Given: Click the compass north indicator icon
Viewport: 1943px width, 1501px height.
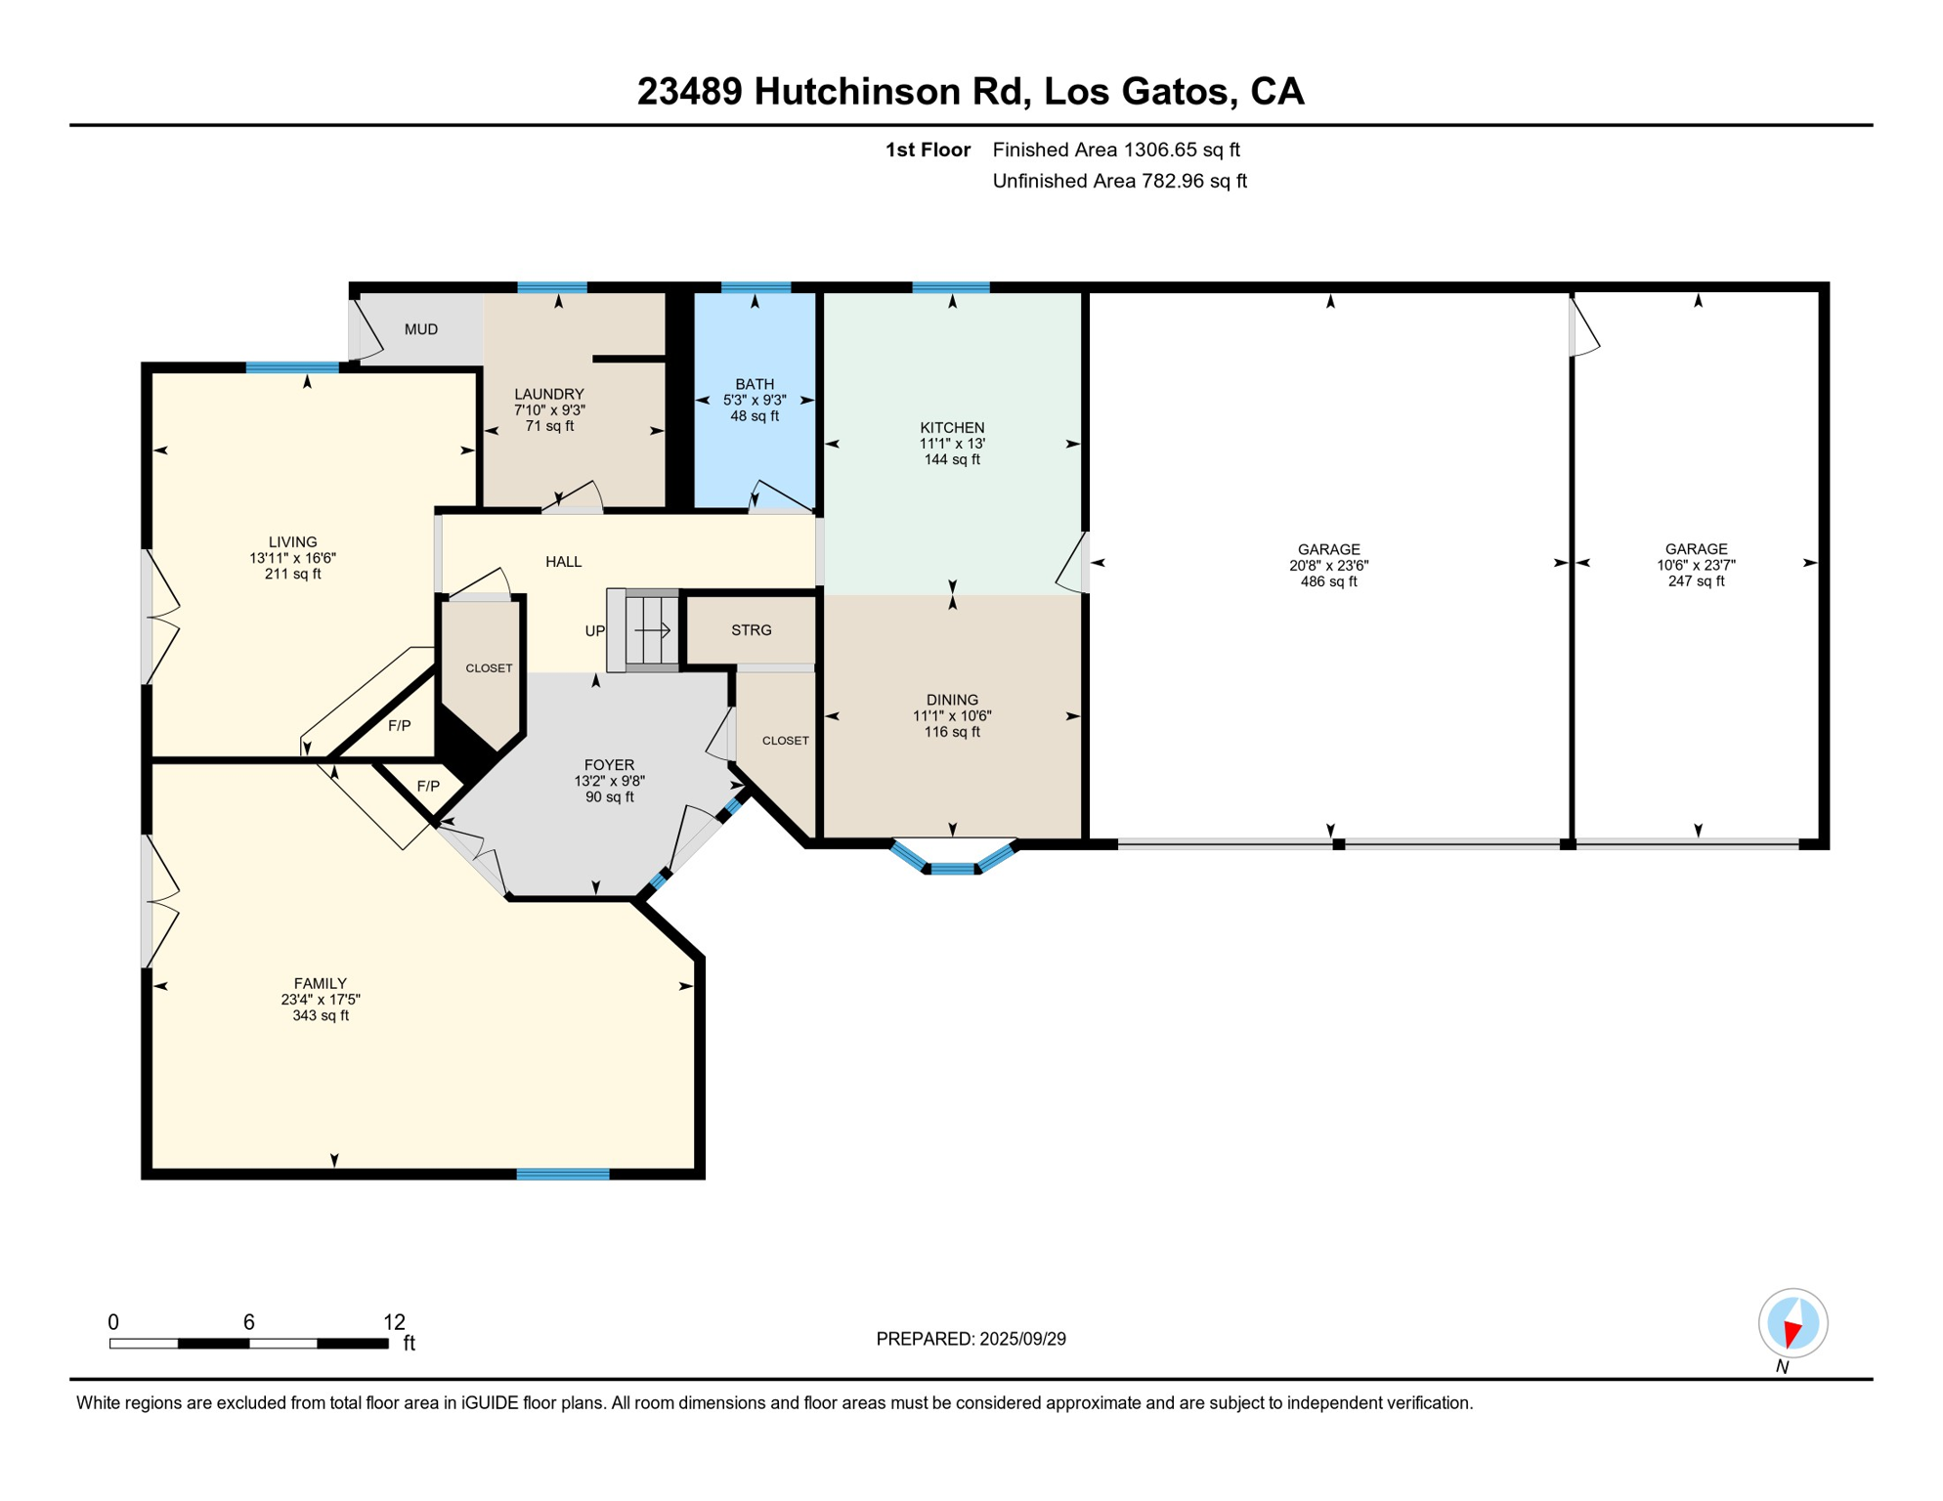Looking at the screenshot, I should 1792,1323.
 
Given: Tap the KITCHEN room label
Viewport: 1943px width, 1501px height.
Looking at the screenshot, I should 951,427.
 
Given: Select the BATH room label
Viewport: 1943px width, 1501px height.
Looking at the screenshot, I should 755,384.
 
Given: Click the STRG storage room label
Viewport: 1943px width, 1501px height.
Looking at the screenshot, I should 751,630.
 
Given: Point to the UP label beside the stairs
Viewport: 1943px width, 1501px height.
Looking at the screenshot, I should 594,631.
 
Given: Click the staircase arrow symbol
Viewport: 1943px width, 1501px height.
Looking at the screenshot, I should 652,630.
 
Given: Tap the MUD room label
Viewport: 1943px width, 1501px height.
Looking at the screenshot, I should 421,329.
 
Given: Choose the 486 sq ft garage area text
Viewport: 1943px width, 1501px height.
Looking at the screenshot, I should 1328,581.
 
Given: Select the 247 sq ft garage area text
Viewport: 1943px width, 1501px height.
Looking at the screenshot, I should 1696,581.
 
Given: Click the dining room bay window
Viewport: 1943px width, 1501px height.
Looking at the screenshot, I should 953,865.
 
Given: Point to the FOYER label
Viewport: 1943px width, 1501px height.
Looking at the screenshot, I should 609,765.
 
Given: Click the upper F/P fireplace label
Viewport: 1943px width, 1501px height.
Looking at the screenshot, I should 399,725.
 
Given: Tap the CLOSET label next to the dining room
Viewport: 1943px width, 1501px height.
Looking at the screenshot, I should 785,741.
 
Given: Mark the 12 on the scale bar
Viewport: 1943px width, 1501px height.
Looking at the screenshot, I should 394,1322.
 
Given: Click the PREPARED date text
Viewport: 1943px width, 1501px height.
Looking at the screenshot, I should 971,1339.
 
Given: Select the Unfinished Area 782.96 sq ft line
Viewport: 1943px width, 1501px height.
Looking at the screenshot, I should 1119,181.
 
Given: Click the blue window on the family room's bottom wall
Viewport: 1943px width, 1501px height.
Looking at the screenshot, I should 563,1175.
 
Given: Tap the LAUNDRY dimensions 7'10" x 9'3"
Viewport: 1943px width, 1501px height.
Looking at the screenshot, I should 549,410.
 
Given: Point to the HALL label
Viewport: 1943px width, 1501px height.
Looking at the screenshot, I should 563,562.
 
